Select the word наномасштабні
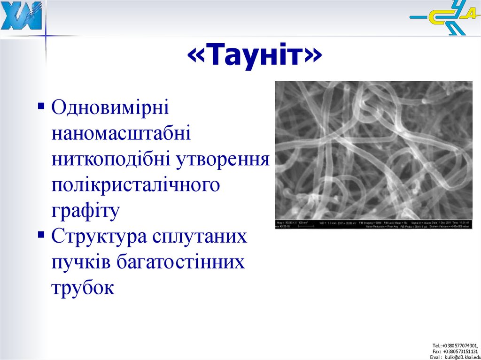point(121,134)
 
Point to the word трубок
point(83,287)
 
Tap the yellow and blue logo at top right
point(443,19)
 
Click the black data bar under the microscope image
point(373,224)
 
